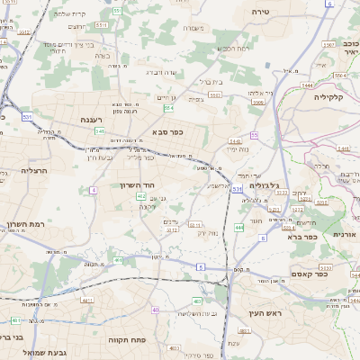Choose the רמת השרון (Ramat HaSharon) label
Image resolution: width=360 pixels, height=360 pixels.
point(27,224)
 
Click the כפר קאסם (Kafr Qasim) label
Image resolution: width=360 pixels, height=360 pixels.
point(308,273)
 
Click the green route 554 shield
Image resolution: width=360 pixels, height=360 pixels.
point(168,108)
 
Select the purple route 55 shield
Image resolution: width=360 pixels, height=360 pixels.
point(255,135)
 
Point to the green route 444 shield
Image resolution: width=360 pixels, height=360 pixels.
point(238,228)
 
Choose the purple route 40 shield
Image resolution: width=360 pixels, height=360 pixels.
point(155,310)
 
